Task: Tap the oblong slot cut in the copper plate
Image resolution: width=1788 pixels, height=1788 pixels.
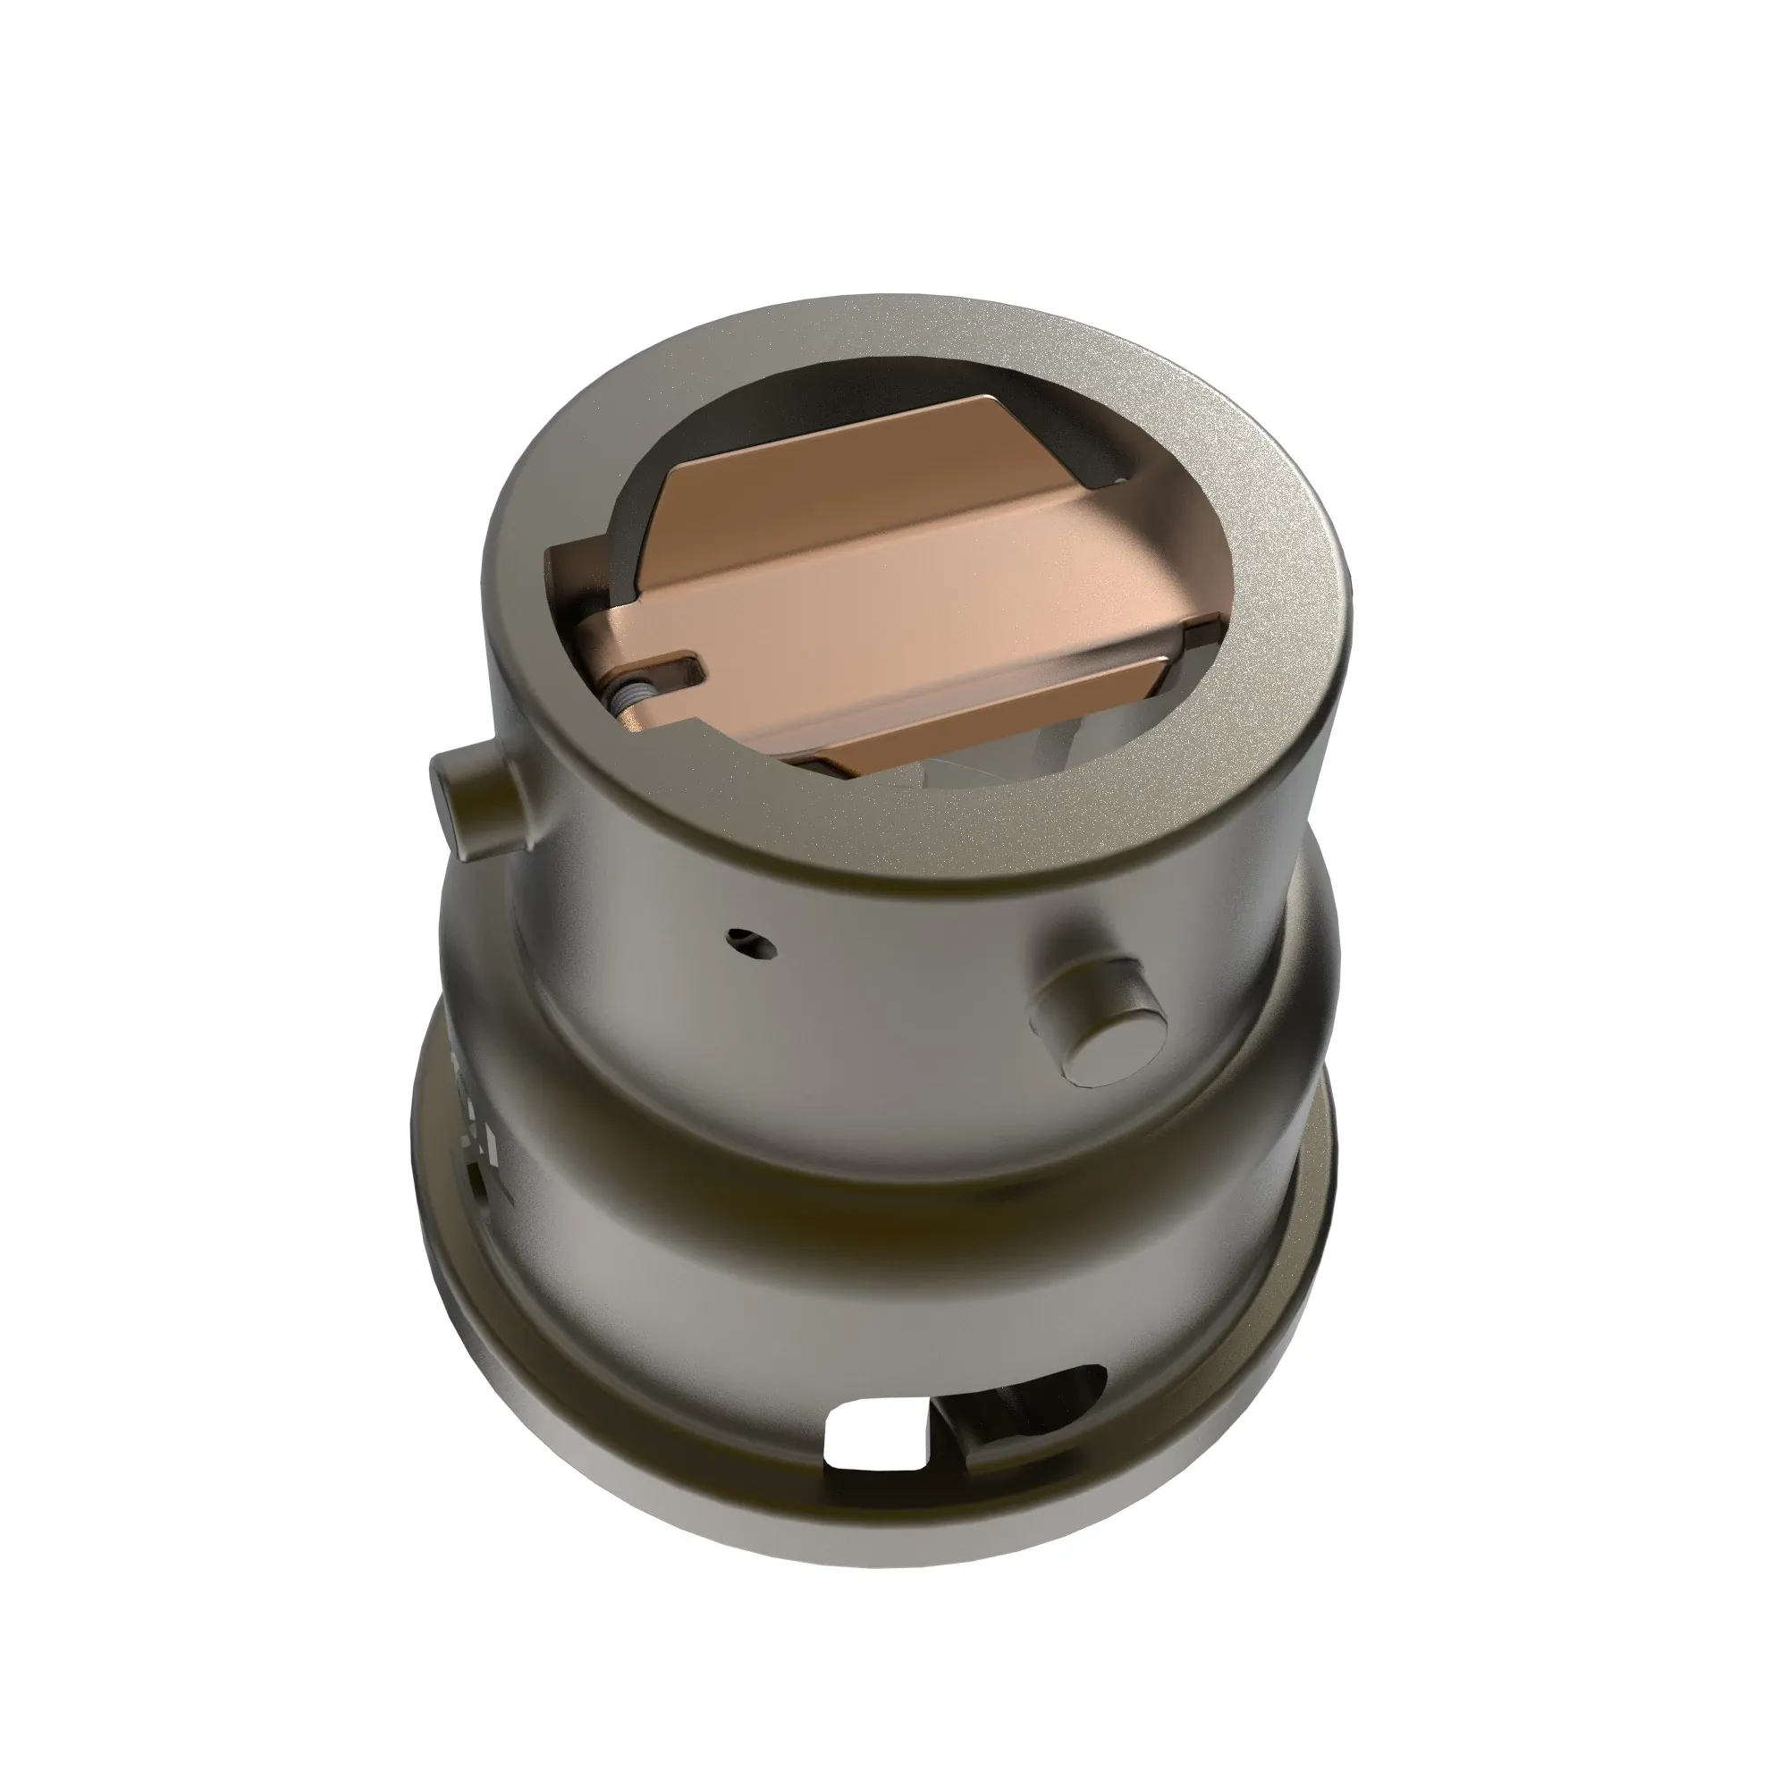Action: [676, 668]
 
